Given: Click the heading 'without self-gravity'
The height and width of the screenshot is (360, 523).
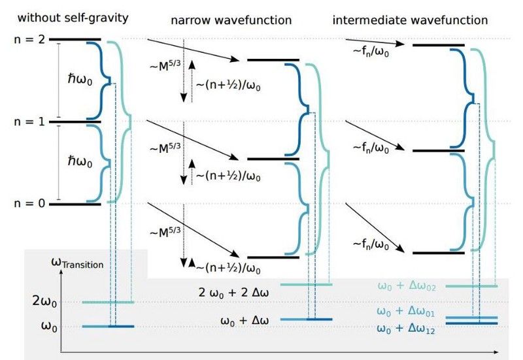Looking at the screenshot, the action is pos(73,18).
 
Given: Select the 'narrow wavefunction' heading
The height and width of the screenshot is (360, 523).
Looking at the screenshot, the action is pos(231,20).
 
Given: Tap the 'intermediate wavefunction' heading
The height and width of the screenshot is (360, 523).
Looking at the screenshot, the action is pos(410,20).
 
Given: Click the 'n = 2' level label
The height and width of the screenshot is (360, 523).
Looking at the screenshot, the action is pos(29,40).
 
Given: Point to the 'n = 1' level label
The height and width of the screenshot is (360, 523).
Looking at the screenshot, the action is pos(29,122).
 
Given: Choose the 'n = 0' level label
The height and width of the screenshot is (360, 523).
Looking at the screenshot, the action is pos(29,203).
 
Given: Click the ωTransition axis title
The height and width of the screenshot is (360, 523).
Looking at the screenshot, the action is pos(77,263).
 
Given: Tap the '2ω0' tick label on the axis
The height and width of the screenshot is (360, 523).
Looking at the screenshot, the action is pos(44,301).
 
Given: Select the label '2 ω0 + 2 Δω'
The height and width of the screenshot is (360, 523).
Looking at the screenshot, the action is pos(233,293).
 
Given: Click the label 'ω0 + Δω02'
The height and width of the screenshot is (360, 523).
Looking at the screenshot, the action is pos(407,286).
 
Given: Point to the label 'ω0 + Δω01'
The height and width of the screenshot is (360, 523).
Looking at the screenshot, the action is pos(405,312).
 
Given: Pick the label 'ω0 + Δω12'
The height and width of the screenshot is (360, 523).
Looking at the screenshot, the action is pos(405,329).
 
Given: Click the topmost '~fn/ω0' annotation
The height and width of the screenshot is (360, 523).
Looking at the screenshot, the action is pos(371,52).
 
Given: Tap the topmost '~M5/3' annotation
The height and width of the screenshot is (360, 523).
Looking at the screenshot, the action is pos(165,65).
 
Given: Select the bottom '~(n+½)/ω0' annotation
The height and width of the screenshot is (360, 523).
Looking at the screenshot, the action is pos(228,268).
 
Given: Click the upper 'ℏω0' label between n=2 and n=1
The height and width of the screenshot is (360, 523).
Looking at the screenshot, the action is pos(80,79).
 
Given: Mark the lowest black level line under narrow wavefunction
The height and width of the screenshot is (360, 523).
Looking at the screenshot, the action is pos(273,257).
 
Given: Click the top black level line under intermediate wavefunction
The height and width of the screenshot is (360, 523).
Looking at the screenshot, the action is pos(439,45).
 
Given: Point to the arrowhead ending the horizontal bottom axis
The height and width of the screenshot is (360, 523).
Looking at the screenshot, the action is pos(496,352).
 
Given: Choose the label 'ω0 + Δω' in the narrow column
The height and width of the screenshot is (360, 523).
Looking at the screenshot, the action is pos(245,321).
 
